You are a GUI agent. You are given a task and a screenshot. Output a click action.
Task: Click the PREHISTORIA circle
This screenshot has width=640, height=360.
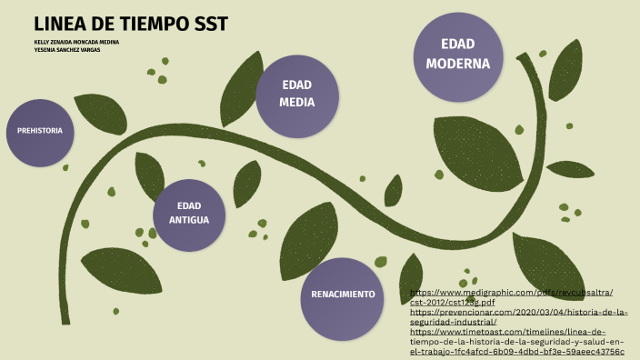[x=40, y=132]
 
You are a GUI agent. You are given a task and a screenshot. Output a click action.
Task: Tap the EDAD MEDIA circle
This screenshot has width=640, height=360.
[x=296, y=94]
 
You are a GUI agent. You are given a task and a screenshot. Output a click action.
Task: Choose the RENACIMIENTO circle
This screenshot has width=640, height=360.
[x=343, y=295]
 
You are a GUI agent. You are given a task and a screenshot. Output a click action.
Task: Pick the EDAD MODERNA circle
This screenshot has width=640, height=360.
[x=458, y=55]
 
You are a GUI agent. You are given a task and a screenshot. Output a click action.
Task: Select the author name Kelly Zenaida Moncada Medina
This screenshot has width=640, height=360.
[x=76, y=42]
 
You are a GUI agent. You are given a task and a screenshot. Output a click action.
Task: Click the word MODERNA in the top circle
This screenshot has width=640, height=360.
[x=458, y=64]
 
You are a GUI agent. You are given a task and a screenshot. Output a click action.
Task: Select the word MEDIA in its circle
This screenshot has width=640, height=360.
[x=296, y=103]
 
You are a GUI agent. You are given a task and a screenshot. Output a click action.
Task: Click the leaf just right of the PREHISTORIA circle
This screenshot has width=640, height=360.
[x=100, y=114]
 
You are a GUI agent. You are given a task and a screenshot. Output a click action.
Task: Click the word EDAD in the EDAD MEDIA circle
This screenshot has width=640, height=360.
[x=296, y=85]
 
